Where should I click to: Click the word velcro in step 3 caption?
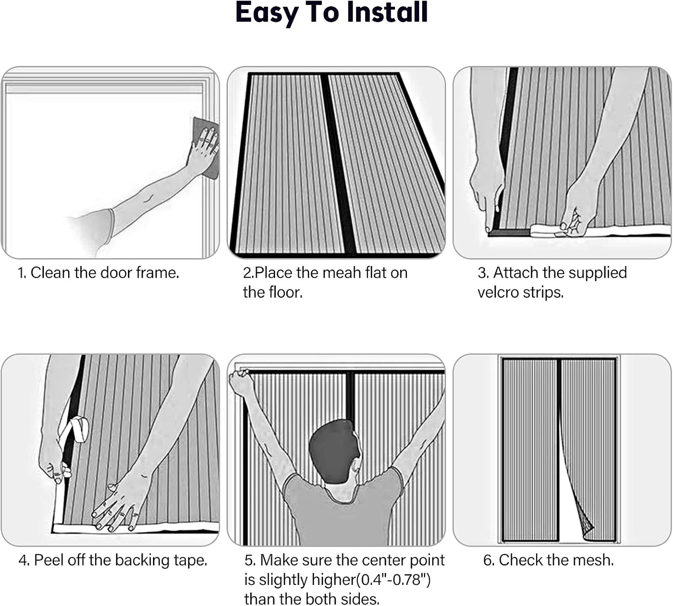point(498,292)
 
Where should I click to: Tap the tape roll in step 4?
point(80,429)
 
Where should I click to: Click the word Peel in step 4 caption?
point(48,560)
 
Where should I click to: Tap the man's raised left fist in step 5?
point(241,382)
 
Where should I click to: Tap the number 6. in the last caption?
point(489,560)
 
